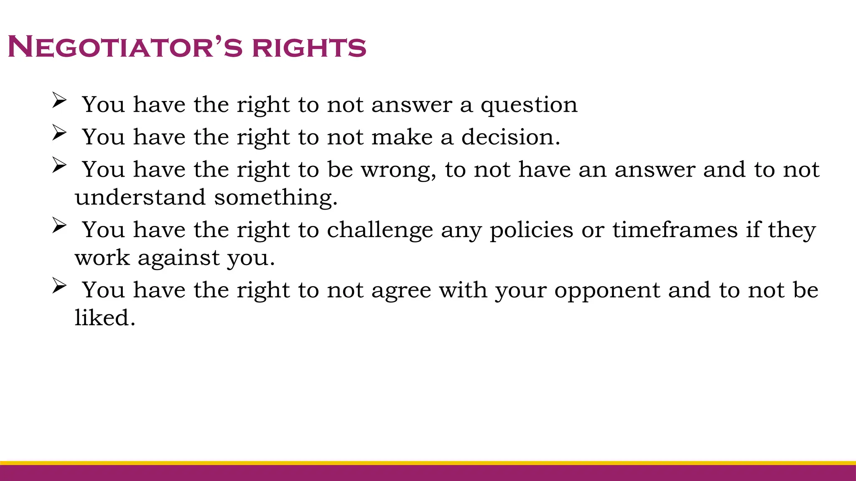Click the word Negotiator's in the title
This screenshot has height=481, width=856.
tap(125, 47)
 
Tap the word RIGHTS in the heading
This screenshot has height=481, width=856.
tap(309, 47)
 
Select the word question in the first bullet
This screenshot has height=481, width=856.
tap(529, 105)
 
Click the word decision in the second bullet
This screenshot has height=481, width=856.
tap(510, 137)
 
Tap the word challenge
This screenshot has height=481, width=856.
tap(380, 230)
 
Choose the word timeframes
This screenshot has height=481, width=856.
tap(675, 230)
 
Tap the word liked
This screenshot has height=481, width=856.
tap(105, 318)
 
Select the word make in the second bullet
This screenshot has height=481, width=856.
tap(402, 137)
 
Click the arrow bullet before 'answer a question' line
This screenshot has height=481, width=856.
tap(59, 101)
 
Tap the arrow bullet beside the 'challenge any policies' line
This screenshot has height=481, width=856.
tap(59, 226)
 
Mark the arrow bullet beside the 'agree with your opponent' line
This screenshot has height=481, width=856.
tap(59, 286)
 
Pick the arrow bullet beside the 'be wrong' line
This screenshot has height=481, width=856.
tap(59, 166)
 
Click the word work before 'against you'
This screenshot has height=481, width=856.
tap(102, 258)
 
